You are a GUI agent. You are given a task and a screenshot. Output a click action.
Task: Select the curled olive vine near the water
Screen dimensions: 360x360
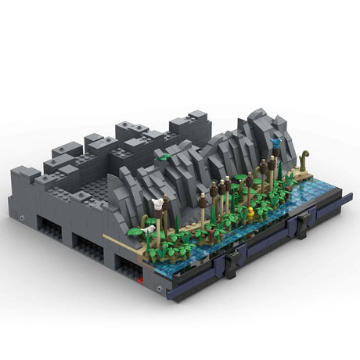click(303, 159)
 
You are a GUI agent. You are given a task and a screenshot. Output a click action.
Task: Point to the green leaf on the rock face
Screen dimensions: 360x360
click(163, 157)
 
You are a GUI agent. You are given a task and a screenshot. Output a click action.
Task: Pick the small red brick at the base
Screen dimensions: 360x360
click(139, 275)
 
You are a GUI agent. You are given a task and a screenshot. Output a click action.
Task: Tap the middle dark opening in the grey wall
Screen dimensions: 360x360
click(88, 249)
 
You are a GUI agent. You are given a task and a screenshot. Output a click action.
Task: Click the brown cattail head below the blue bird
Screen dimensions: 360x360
click(272, 164)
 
